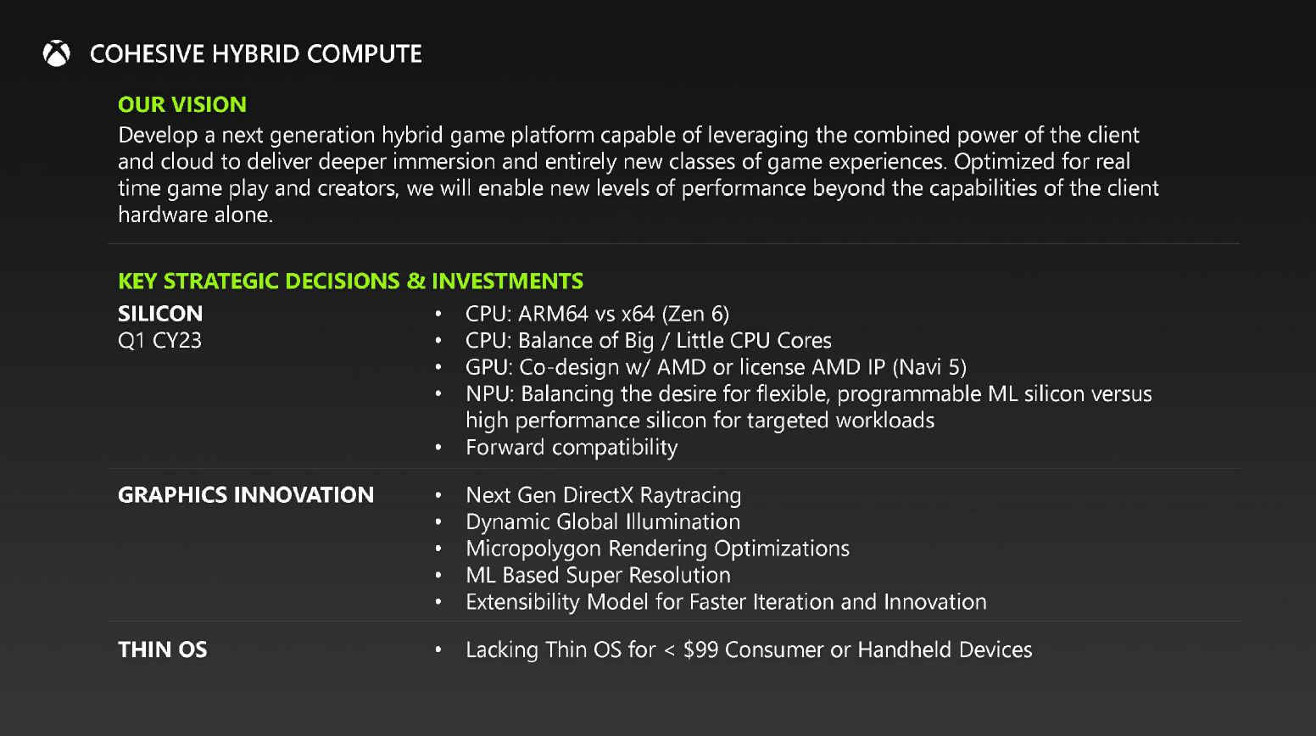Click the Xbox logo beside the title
pyautogui.click(x=57, y=54)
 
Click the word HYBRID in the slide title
pyautogui.click(x=255, y=54)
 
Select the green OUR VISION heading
pyautogui.click(x=182, y=104)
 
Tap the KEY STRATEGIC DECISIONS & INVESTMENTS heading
pyautogui.click(x=350, y=281)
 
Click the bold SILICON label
pyautogui.click(x=160, y=314)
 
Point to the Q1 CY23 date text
pyautogui.click(x=159, y=341)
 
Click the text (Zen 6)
pyautogui.click(x=695, y=314)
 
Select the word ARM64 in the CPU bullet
pyautogui.click(x=553, y=314)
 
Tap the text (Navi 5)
pyautogui.click(x=929, y=367)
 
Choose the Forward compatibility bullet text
pyautogui.click(x=572, y=447)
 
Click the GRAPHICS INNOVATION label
pyautogui.click(x=246, y=495)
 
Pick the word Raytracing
pyautogui.click(x=690, y=495)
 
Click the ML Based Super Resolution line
pyautogui.click(x=598, y=575)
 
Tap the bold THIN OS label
pyautogui.click(x=163, y=650)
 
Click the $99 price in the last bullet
pyautogui.click(x=700, y=650)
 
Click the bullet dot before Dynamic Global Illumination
pyautogui.click(x=438, y=522)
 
